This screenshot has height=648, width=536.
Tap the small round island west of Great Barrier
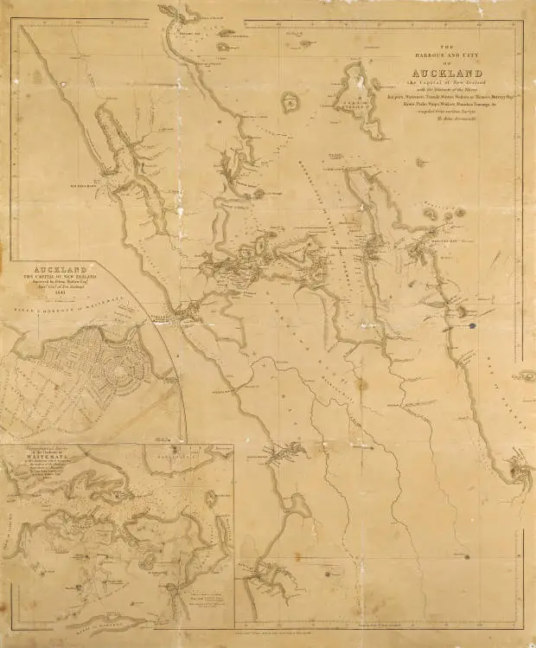[x=289, y=102]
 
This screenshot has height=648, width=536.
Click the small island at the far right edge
[x=526, y=376]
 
